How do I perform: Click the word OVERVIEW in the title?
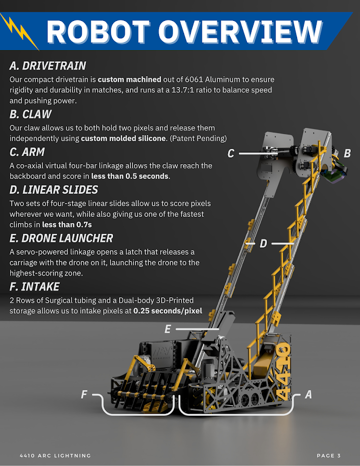(x=240, y=32)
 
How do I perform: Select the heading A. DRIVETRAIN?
(x=48, y=65)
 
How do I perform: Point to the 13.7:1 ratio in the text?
(x=183, y=90)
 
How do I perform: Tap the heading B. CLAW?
(x=31, y=114)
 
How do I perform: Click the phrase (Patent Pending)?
(x=198, y=139)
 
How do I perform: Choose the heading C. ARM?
(x=27, y=152)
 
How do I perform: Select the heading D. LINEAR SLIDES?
(x=54, y=190)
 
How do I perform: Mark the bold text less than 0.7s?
(x=67, y=225)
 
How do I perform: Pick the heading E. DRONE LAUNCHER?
(x=61, y=238)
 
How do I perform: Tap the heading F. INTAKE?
(x=34, y=286)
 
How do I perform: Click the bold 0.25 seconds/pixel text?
(x=168, y=311)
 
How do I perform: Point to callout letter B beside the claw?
(x=347, y=153)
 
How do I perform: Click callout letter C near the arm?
(x=231, y=153)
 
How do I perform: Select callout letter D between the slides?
(x=263, y=243)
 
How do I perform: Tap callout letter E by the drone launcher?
(x=168, y=329)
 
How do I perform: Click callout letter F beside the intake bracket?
(x=84, y=394)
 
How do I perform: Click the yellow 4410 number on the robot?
(x=283, y=371)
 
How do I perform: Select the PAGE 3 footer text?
(x=329, y=456)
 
